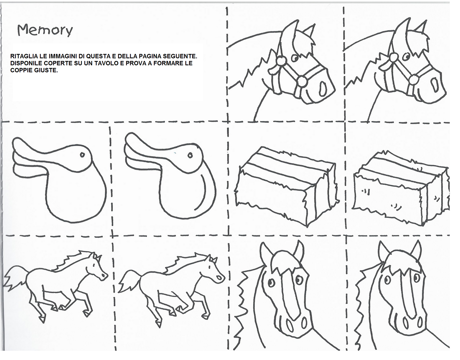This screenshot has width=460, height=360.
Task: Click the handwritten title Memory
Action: (x=45, y=30)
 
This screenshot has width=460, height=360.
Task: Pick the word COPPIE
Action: (x=21, y=70)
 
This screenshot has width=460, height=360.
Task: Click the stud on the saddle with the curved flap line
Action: (x=190, y=156)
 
